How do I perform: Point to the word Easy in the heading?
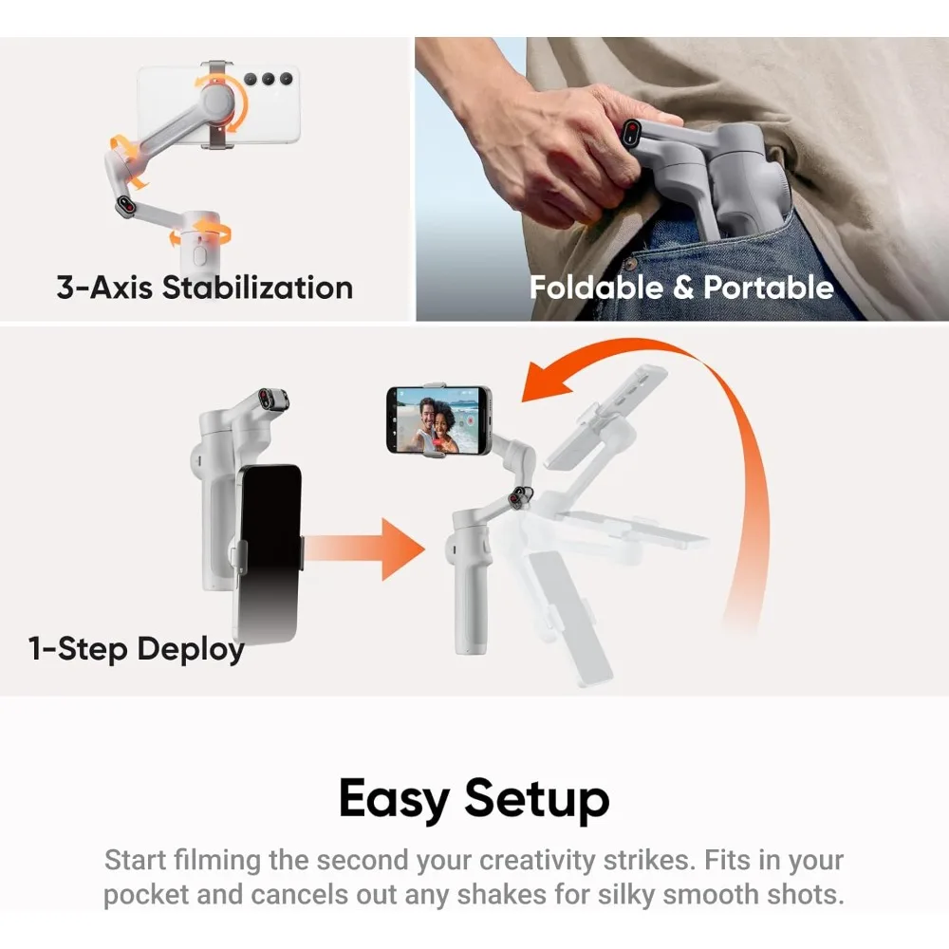394,799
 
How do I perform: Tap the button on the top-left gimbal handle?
199,255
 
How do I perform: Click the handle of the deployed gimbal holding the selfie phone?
470,588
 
